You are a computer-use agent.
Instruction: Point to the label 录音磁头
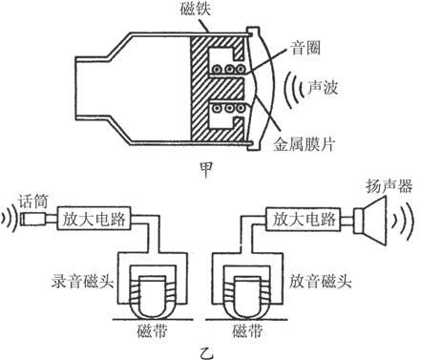pyautogui.click(x=79, y=284)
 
